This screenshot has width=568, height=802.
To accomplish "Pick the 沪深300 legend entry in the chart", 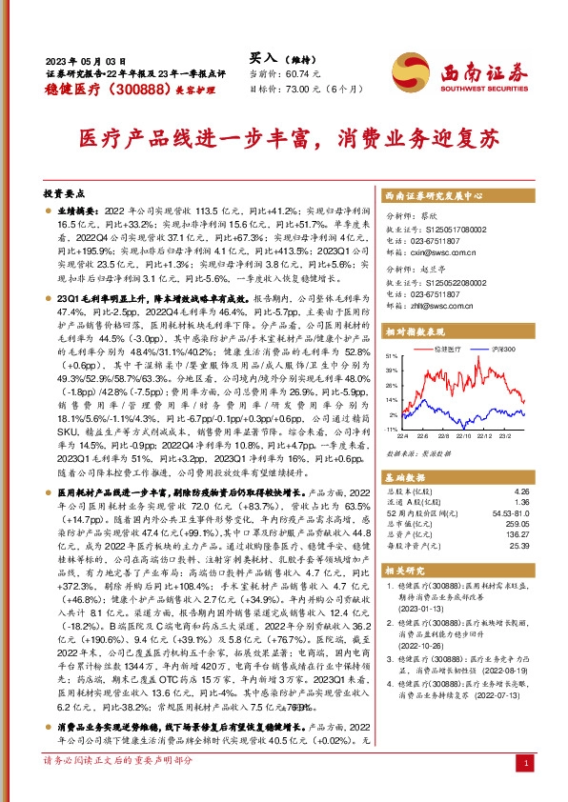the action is (497, 351).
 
